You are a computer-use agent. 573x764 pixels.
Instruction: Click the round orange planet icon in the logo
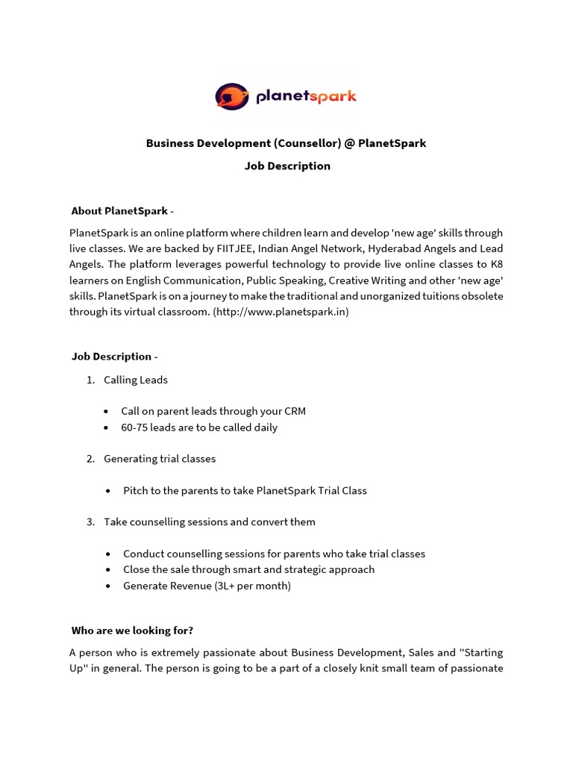pyautogui.click(x=232, y=96)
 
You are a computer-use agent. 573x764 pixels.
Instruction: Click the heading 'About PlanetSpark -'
pyautogui.click(x=122, y=211)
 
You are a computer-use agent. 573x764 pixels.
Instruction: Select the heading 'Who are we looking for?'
pyautogui.click(x=132, y=630)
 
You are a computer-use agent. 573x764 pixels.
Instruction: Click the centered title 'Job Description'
pyautogui.click(x=287, y=166)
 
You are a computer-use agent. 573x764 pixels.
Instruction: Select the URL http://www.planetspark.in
pyautogui.click(x=281, y=312)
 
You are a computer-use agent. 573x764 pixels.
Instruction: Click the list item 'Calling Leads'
pyautogui.click(x=136, y=380)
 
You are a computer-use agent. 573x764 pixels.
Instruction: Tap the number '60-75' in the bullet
pyautogui.click(x=134, y=428)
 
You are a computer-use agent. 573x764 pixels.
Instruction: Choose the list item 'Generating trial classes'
pyautogui.click(x=160, y=459)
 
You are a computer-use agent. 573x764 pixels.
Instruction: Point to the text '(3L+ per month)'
pyautogui.click(x=252, y=586)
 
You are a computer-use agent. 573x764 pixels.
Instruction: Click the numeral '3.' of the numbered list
pyautogui.click(x=90, y=522)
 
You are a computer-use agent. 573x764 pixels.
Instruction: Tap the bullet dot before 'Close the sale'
pyautogui.click(x=109, y=570)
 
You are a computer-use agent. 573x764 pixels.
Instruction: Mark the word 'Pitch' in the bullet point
pyautogui.click(x=136, y=491)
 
